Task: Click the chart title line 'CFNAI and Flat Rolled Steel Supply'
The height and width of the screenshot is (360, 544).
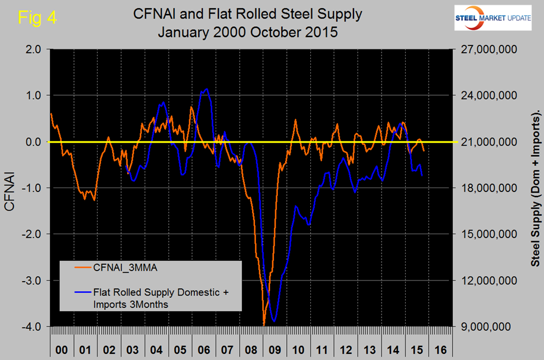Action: click(248, 15)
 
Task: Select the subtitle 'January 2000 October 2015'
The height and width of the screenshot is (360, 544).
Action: click(248, 32)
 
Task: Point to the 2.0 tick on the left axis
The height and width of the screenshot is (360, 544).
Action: click(34, 49)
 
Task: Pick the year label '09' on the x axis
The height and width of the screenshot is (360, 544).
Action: click(275, 350)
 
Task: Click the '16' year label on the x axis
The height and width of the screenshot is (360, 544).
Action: click(440, 350)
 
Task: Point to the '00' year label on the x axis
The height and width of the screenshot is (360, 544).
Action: click(62, 350)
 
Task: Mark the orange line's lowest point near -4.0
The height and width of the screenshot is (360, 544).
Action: click(264, 324)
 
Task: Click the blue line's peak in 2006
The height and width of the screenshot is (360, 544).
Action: click(207, 88)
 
